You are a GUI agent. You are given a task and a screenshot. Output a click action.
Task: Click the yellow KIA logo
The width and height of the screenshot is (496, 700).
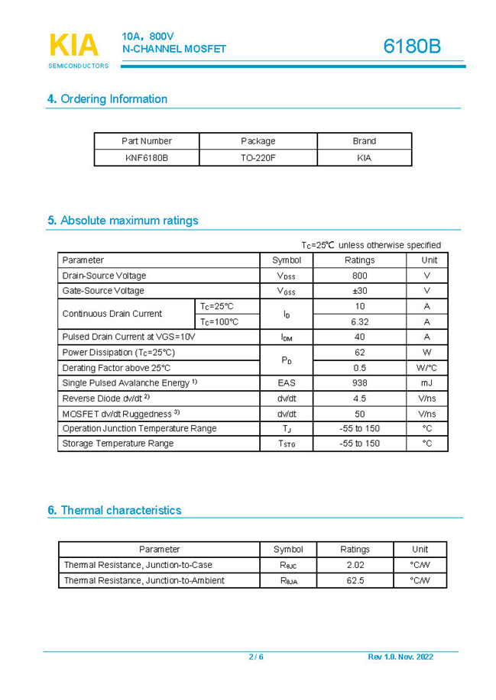[x=74, y=46]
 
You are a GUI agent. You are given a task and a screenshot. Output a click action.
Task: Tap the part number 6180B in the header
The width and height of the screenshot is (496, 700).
[x=412, y=47]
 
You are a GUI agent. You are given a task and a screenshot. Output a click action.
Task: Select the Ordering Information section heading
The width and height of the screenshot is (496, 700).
[x=107, y=98]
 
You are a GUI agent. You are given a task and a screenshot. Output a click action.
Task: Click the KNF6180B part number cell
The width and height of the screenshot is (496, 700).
[x=147, y=158]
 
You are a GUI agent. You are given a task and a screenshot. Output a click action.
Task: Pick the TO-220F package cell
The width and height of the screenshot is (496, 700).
[x=258, y=158]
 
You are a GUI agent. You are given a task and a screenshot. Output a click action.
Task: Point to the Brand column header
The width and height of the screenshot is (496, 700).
[x=364, y=141]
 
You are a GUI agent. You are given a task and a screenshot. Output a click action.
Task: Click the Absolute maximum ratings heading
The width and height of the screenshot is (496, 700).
[x=122, y=221]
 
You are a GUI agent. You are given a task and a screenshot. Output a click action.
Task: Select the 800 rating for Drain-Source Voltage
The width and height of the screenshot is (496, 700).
[x=359, y=276]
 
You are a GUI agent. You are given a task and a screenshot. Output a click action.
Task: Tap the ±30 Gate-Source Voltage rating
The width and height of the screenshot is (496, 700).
[x=359, y=291]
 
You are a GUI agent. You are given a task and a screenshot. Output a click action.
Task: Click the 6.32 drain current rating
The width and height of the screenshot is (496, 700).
[x=359, y=322]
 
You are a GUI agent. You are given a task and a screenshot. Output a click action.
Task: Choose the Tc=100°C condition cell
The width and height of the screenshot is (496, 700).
[x=219, y=322]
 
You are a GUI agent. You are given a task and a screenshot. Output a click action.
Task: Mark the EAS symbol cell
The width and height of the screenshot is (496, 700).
[x=287, y=383]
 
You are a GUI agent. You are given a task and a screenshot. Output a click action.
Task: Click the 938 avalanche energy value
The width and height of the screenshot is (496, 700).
[x=359, y=383]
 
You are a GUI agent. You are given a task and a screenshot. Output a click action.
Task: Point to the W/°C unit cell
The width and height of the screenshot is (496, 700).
[x=426, y=368]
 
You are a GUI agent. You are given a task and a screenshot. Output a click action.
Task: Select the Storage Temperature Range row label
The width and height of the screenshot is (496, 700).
[x=118, y=444]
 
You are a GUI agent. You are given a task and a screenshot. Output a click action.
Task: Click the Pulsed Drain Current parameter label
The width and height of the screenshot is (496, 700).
[x=128, y=337]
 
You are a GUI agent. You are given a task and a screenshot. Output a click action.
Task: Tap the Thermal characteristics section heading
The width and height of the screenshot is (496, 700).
[x=115, y=510]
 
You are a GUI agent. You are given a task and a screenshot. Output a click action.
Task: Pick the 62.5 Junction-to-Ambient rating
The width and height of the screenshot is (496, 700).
[x=355, y=581]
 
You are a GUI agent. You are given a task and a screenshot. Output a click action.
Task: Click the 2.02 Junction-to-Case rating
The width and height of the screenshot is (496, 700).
[x=355, y=565]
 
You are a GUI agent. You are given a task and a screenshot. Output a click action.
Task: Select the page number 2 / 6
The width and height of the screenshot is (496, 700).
[x=256, y=657]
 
